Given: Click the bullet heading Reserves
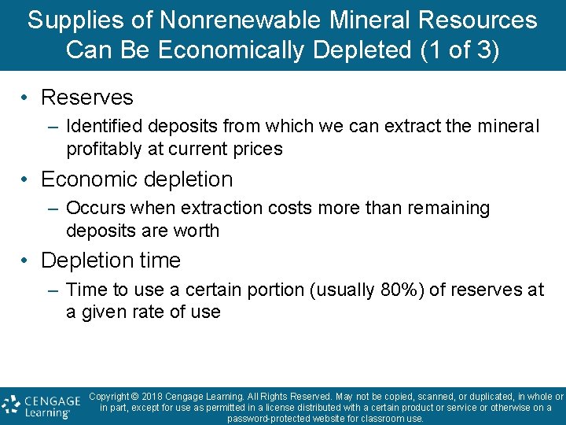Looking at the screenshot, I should tap(86, 98).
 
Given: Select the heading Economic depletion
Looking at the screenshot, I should tap(137, 179).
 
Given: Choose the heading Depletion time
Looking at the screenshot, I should tap(111, 261).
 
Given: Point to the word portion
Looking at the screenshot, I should tap(277, 290).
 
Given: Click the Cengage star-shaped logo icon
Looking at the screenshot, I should tap(11, 405).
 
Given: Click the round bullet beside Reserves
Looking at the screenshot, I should tap(25, 98).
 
